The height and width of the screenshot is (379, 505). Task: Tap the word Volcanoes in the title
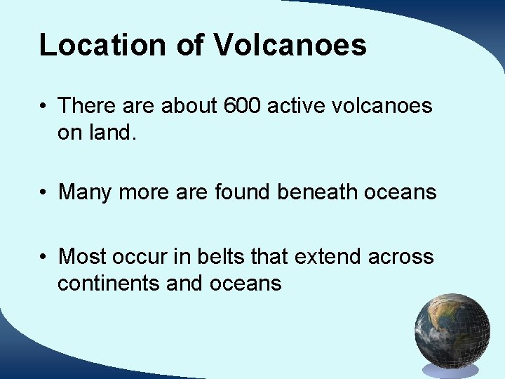point(290,45)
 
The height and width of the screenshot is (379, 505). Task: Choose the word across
point(400,257)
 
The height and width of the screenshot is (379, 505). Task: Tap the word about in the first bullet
point(189,106)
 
